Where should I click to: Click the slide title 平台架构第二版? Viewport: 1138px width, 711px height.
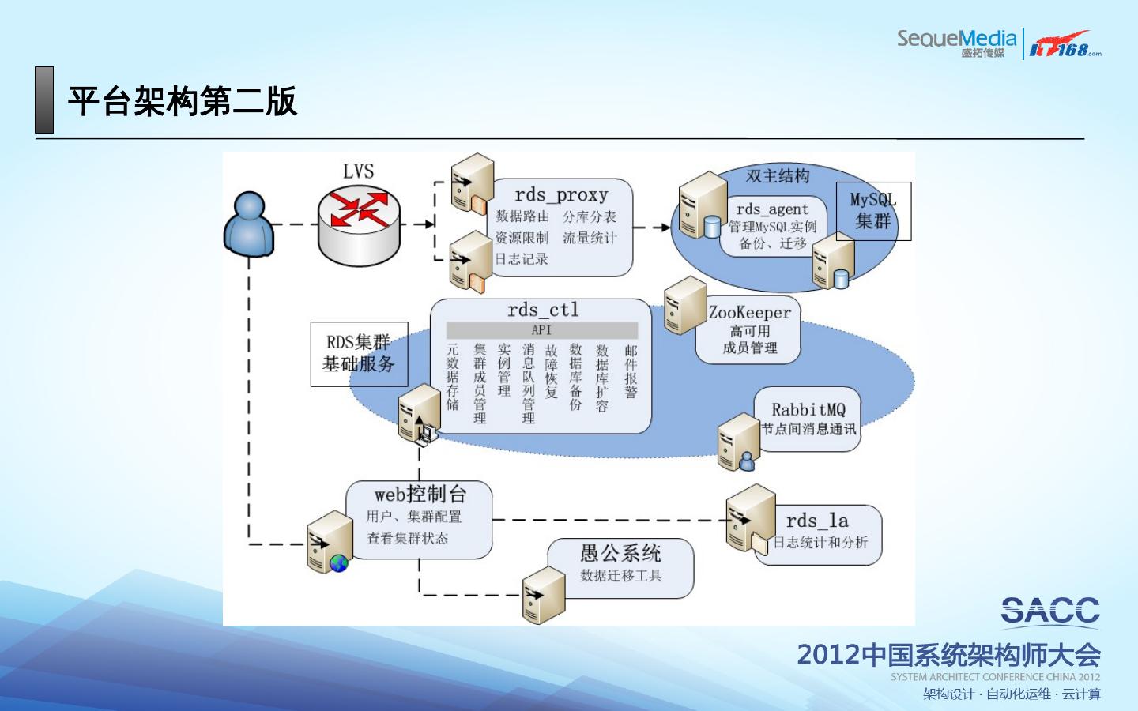pos(182,101)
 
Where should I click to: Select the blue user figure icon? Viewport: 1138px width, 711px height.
pos(249,224)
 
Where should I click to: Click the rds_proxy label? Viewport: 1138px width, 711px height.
pos(561,194)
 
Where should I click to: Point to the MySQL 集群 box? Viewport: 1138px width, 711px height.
pos(873,211)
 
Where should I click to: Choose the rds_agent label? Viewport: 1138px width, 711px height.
pos(772,209)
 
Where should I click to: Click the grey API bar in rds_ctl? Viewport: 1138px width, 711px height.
pos(541,330)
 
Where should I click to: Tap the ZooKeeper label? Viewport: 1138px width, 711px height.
pos(749,313)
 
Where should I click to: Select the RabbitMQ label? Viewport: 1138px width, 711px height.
pos(808,410)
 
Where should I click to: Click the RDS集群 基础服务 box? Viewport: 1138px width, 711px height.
pos(359,354)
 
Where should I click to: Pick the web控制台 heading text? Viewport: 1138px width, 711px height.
pos(420,495)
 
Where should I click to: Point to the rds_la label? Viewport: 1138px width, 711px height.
pos(817,521)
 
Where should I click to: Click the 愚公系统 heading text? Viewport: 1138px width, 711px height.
pos(620,553)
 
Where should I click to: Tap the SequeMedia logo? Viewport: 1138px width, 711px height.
pos(956,41)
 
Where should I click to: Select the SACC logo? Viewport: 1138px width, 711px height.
pos(1050,611)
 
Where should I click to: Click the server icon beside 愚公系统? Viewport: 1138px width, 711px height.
pos(544,595)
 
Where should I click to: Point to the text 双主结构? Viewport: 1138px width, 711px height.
pos(778,176)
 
